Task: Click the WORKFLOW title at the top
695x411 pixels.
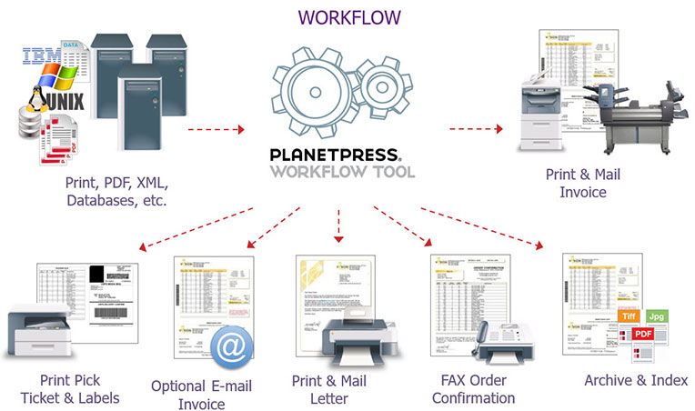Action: pyautogui.click(x=348, y=16)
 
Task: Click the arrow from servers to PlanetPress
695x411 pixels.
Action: pyautogui.click(x=217, y=129)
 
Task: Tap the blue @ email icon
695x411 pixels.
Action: pyautogui.click(x=233, y=348)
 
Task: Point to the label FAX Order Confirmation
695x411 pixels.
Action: pyautogui.click(x=473, y=389)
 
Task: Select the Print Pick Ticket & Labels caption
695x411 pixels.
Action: pyautogui.click(x=71, y=388)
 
